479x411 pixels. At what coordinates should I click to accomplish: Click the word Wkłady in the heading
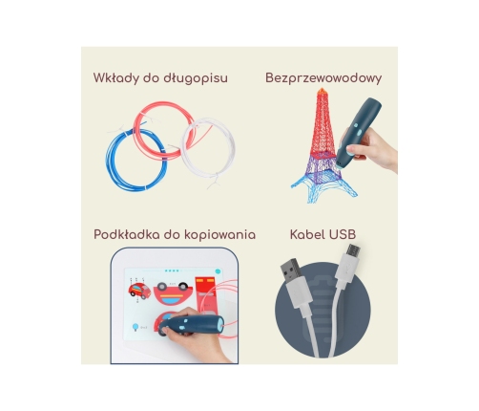click(115, 78)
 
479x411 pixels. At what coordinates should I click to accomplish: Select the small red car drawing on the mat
click(136, 288)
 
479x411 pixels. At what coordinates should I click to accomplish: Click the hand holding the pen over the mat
click(210, 344)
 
